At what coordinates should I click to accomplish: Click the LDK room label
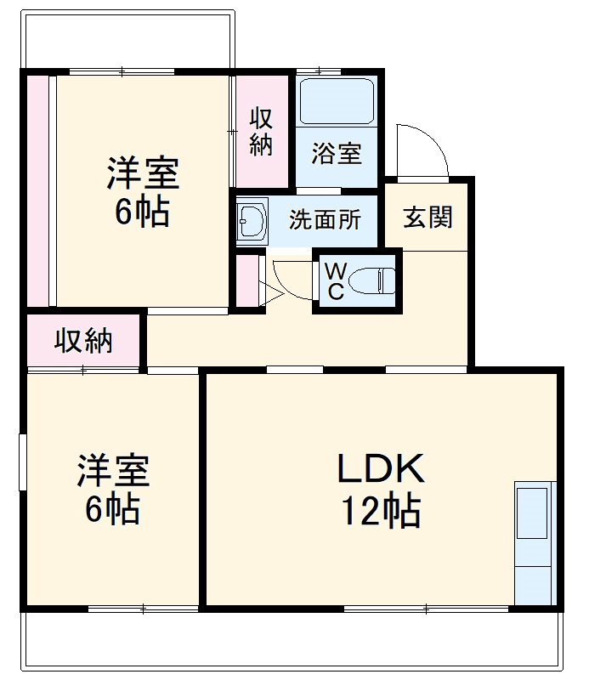point(381,468)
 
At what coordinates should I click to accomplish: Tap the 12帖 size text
point(382,511)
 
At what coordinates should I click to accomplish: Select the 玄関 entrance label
point(428,218)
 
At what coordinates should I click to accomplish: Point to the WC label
point(336,281)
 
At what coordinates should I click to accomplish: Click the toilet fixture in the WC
point(372,281)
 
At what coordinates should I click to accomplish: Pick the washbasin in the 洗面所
point(252,221)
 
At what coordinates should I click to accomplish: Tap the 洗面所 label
point(325,220)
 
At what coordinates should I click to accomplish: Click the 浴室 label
point(337,153)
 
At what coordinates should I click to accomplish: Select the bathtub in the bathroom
point(337,102)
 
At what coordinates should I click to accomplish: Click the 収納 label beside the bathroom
point(261,132)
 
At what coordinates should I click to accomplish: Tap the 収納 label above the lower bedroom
point(83,341)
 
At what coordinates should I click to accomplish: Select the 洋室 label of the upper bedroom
point(143,173)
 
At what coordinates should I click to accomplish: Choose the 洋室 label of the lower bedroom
point(114,471)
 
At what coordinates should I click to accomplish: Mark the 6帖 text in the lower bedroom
point(113,508)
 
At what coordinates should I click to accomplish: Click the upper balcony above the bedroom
point(127,39)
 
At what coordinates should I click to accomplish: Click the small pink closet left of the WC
point(247,281)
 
